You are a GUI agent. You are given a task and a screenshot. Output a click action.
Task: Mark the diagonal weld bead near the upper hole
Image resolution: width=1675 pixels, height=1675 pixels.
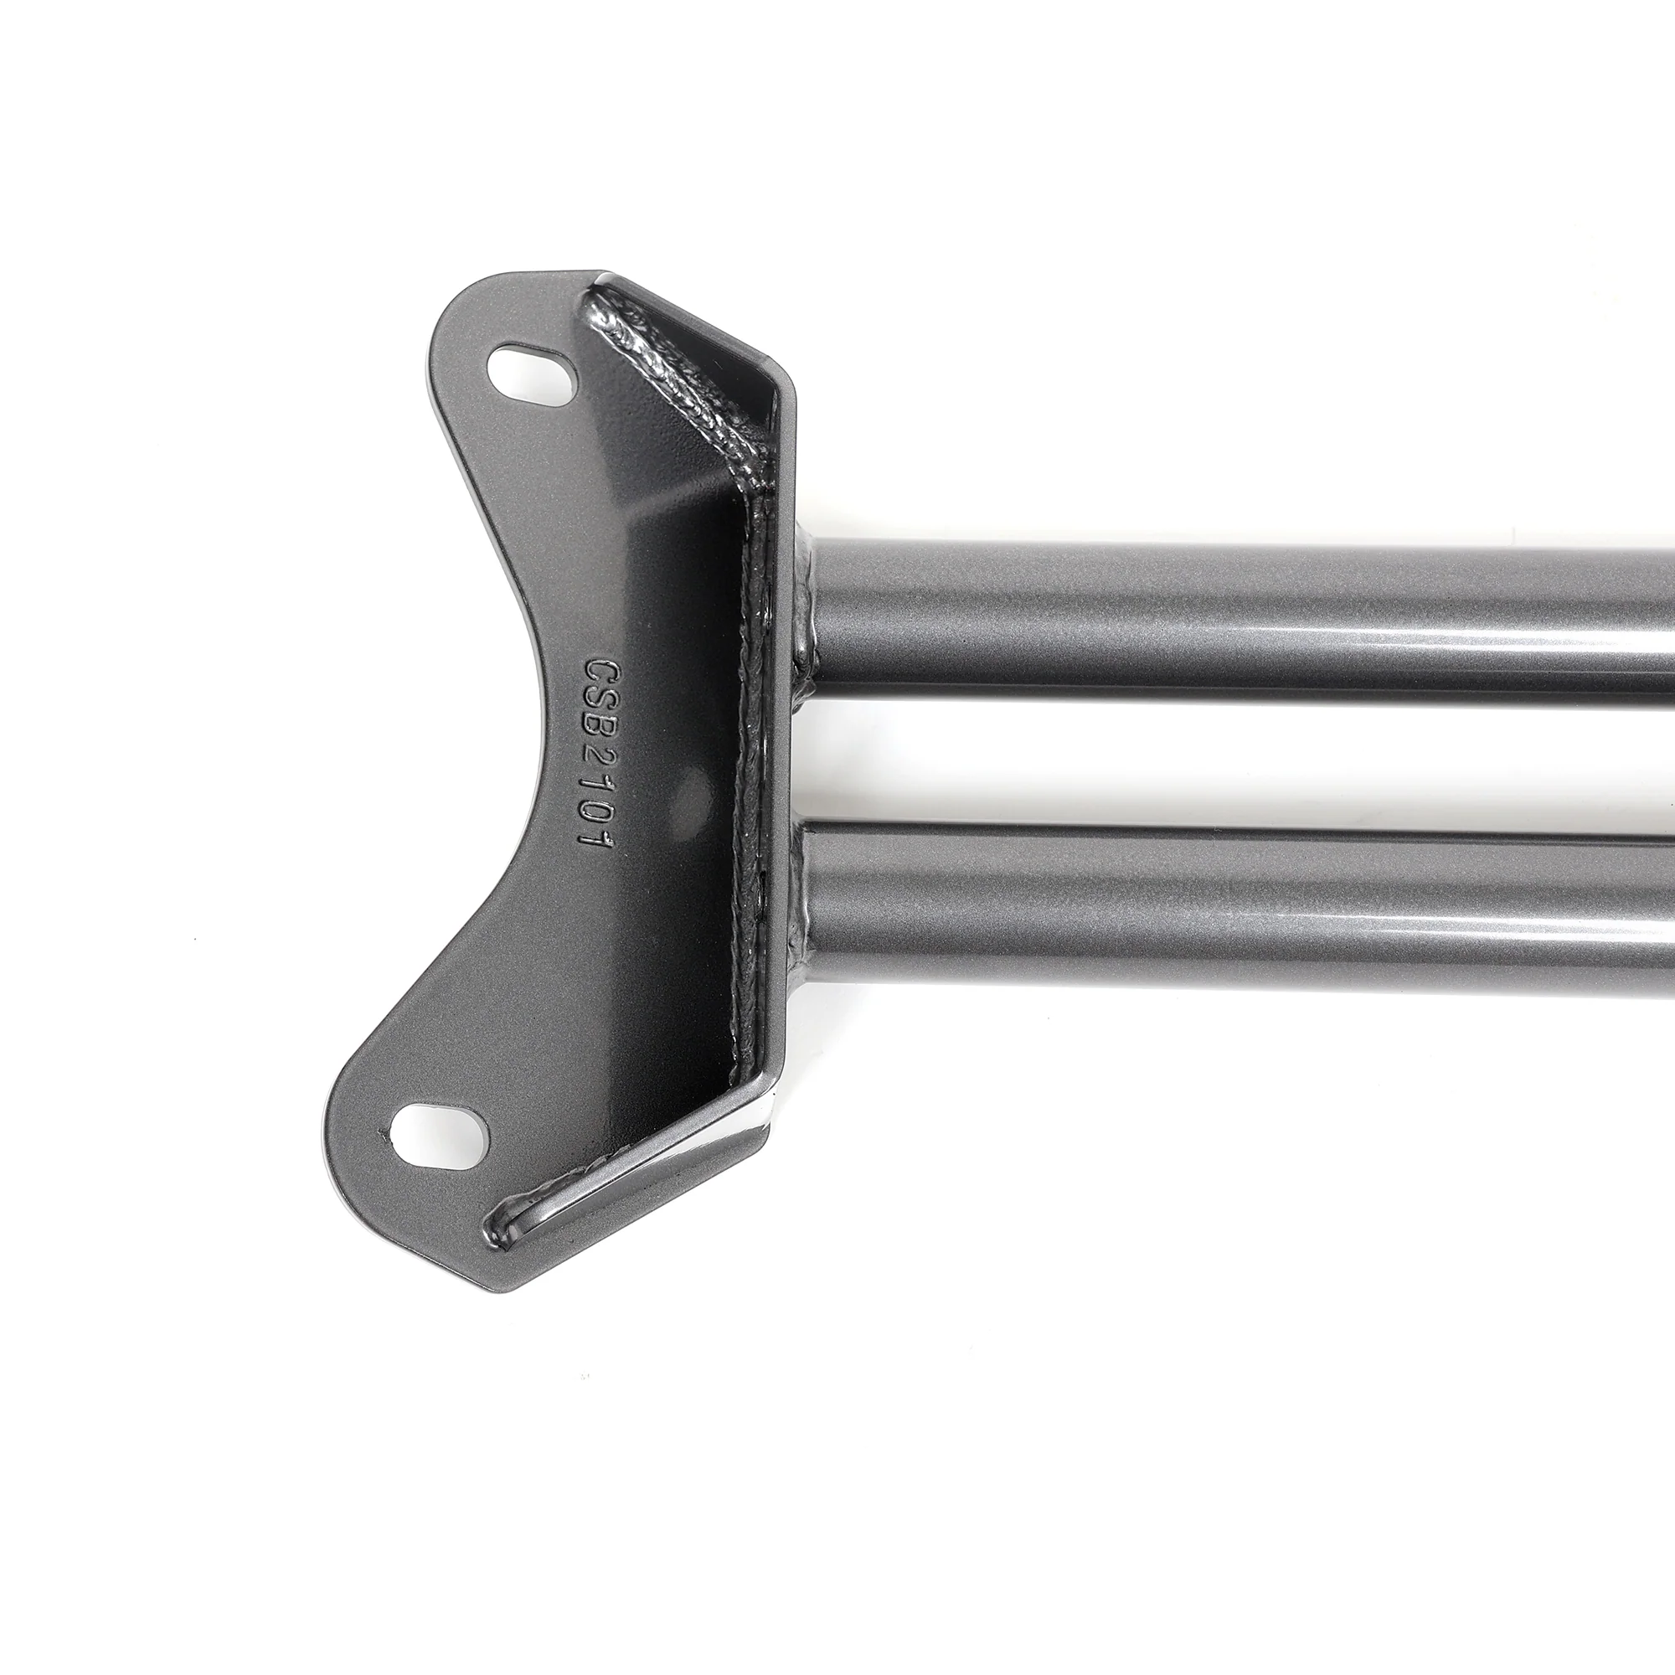(x=676, y=381)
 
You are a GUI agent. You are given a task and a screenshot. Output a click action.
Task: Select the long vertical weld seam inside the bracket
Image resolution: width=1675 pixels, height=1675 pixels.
(x=749, y=781)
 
